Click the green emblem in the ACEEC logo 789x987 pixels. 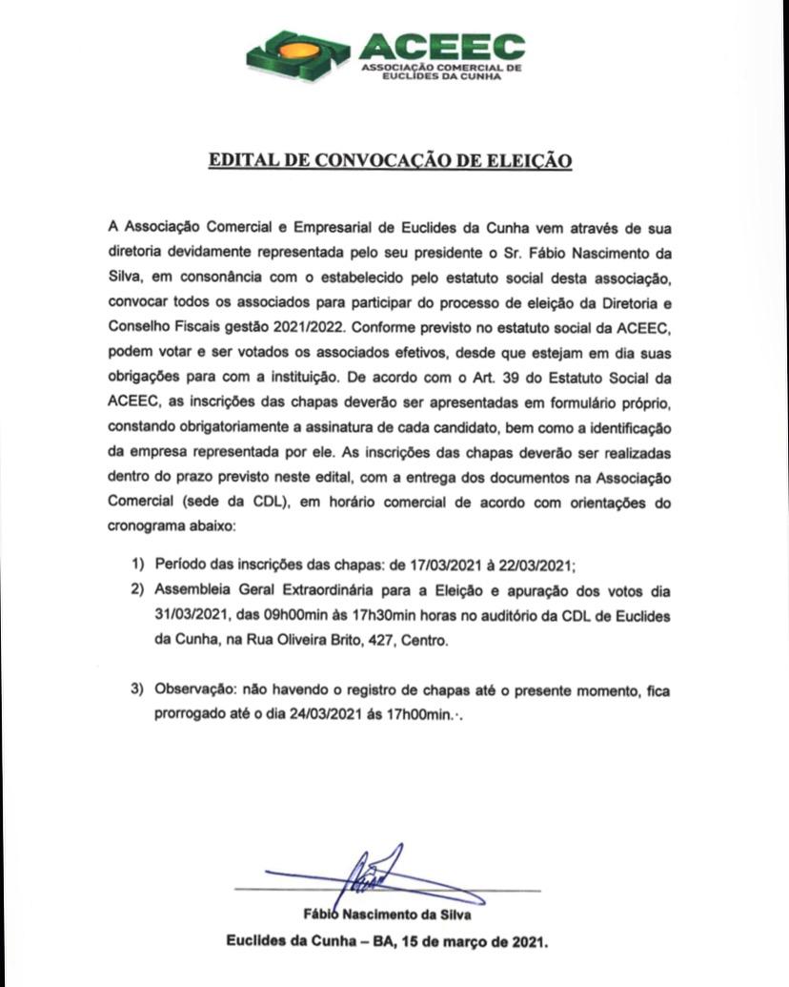pyautogui.click(x=299, y=52)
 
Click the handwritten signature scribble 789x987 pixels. pyautogui.click(x=380, y=872)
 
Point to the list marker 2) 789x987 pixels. pyautogui.click(x=138, y=588)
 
